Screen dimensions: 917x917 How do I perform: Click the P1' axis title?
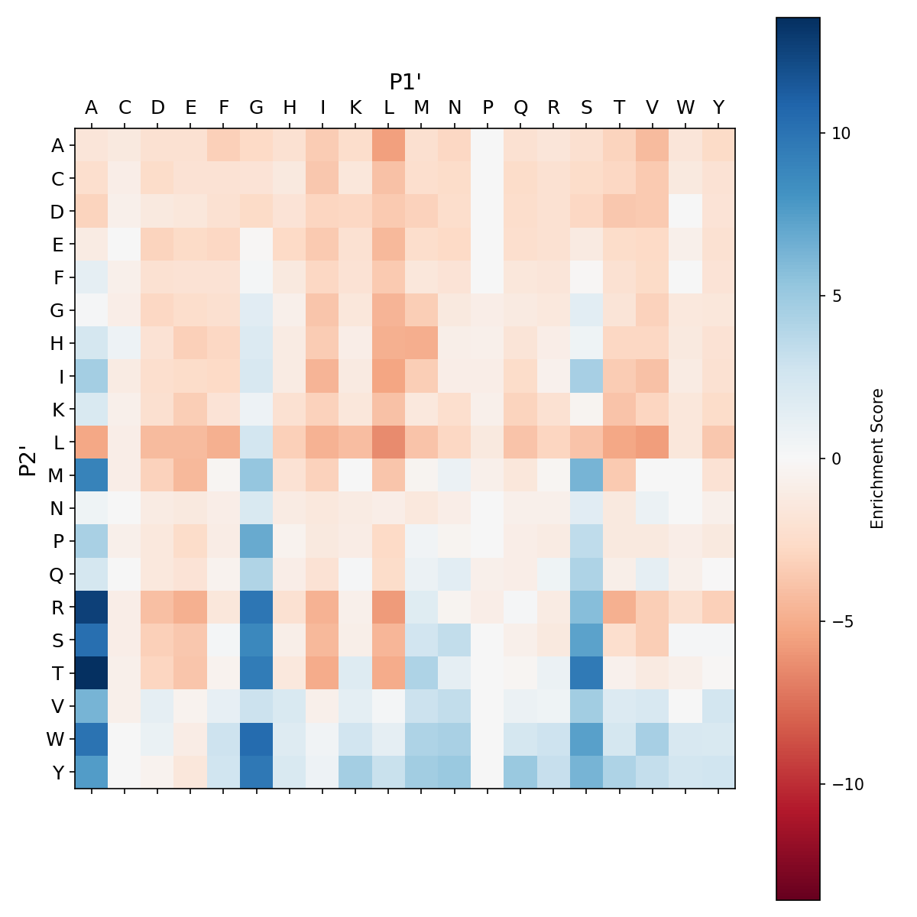pos(406,82)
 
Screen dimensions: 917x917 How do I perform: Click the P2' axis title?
pos(28,459)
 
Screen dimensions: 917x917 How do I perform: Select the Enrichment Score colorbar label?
pos(877,458)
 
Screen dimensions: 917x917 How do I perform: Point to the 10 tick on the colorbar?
pos(822,133)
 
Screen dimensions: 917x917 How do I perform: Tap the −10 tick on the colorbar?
pos(822,784)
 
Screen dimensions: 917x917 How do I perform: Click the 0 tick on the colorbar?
pos(822,458)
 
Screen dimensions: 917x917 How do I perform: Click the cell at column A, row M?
pos(92,475)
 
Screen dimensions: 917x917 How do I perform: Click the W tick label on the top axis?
pos(685,108)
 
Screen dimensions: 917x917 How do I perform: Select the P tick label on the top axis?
pos(488,108)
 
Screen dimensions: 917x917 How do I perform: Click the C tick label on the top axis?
pos(125,108)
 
